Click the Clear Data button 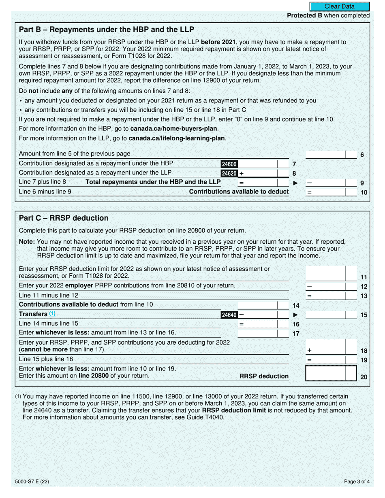click(340, 6)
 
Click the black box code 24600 click(229, 164)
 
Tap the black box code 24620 click(229, 173)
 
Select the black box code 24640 click(229, 315)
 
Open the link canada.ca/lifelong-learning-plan click(177, 138)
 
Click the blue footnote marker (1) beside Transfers click(52, 314)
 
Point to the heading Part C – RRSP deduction click(64, 218)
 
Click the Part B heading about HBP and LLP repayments click(107, 29)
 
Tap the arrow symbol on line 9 click(295, 183)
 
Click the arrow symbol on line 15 click(295, 315)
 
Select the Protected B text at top click(328, 15)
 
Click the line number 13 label click(364, 296)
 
